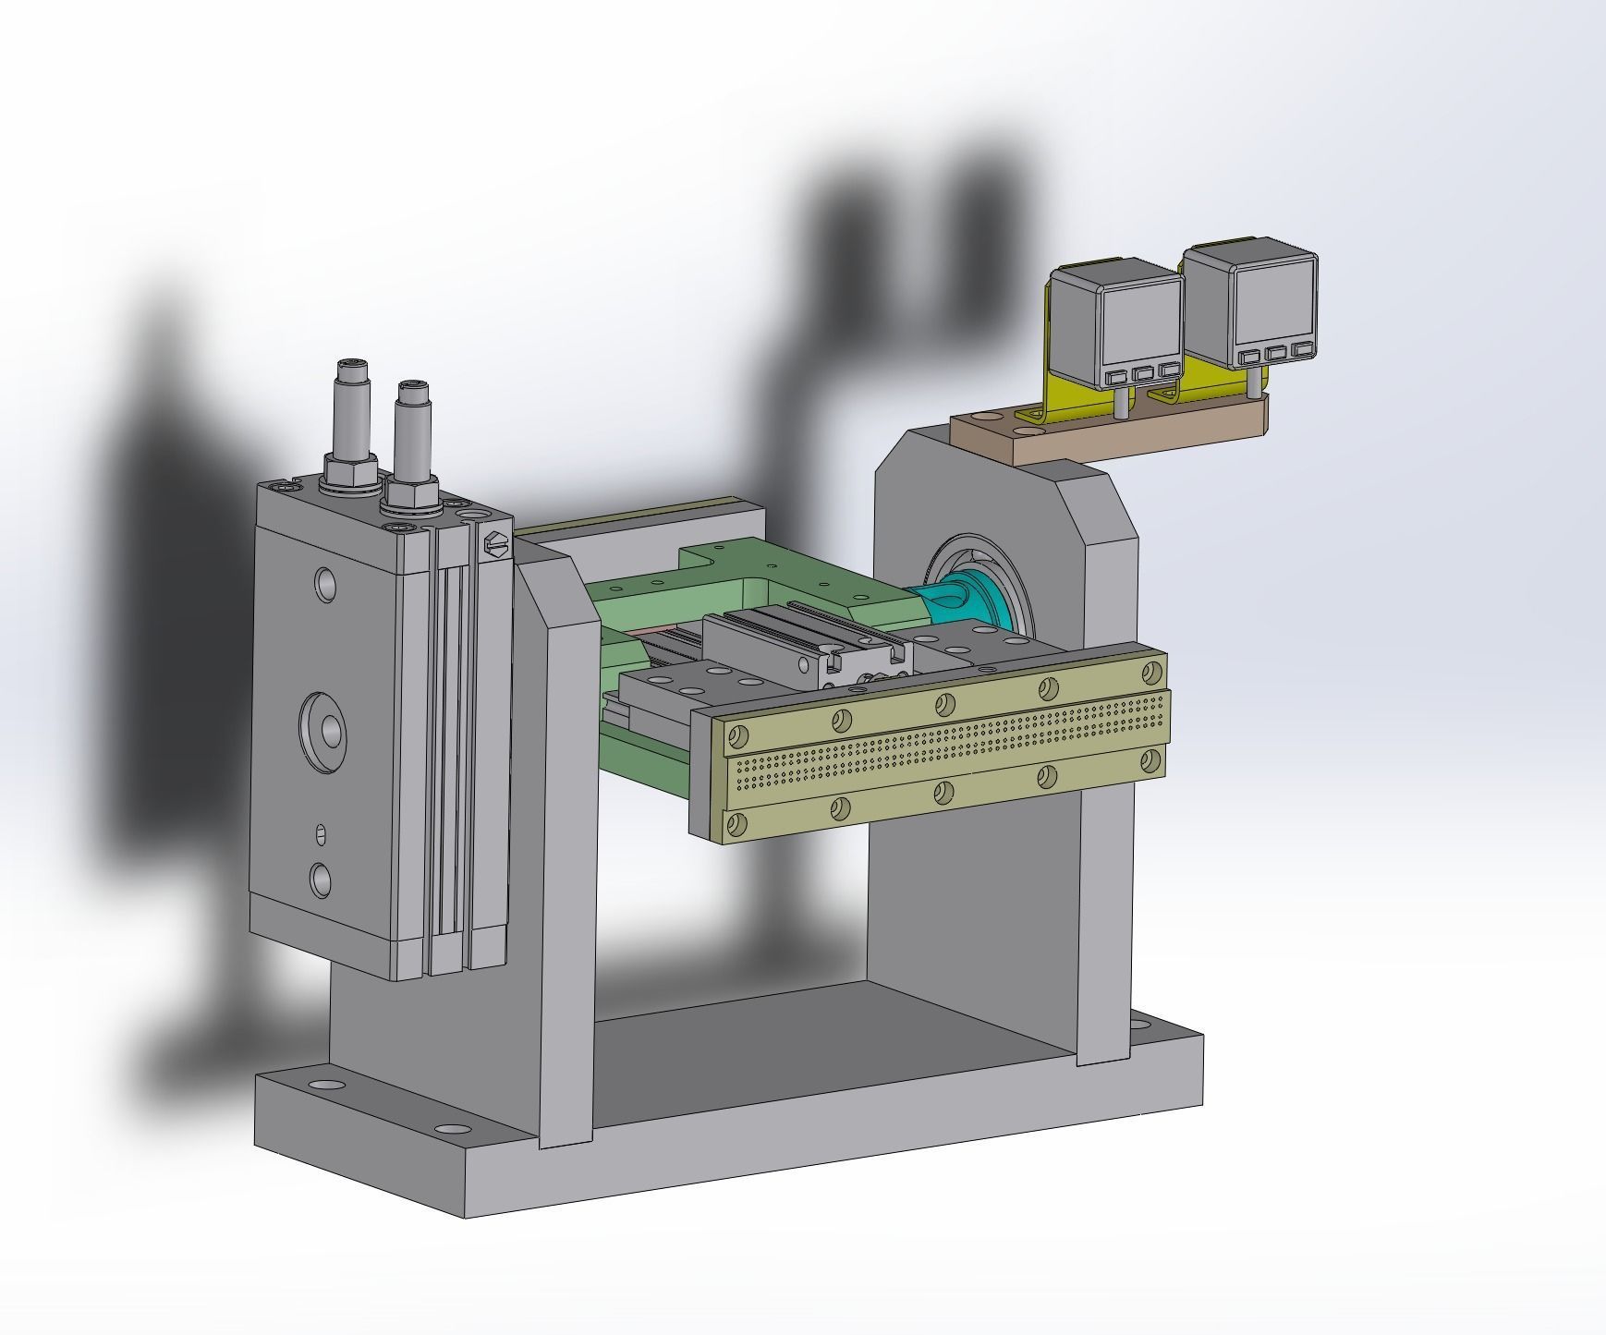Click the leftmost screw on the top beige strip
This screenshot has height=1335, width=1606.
(x=737, y=736)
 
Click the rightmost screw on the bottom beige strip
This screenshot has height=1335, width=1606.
(x=1150, y=759)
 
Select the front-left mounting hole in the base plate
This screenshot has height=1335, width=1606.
(x=450, y=1129)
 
